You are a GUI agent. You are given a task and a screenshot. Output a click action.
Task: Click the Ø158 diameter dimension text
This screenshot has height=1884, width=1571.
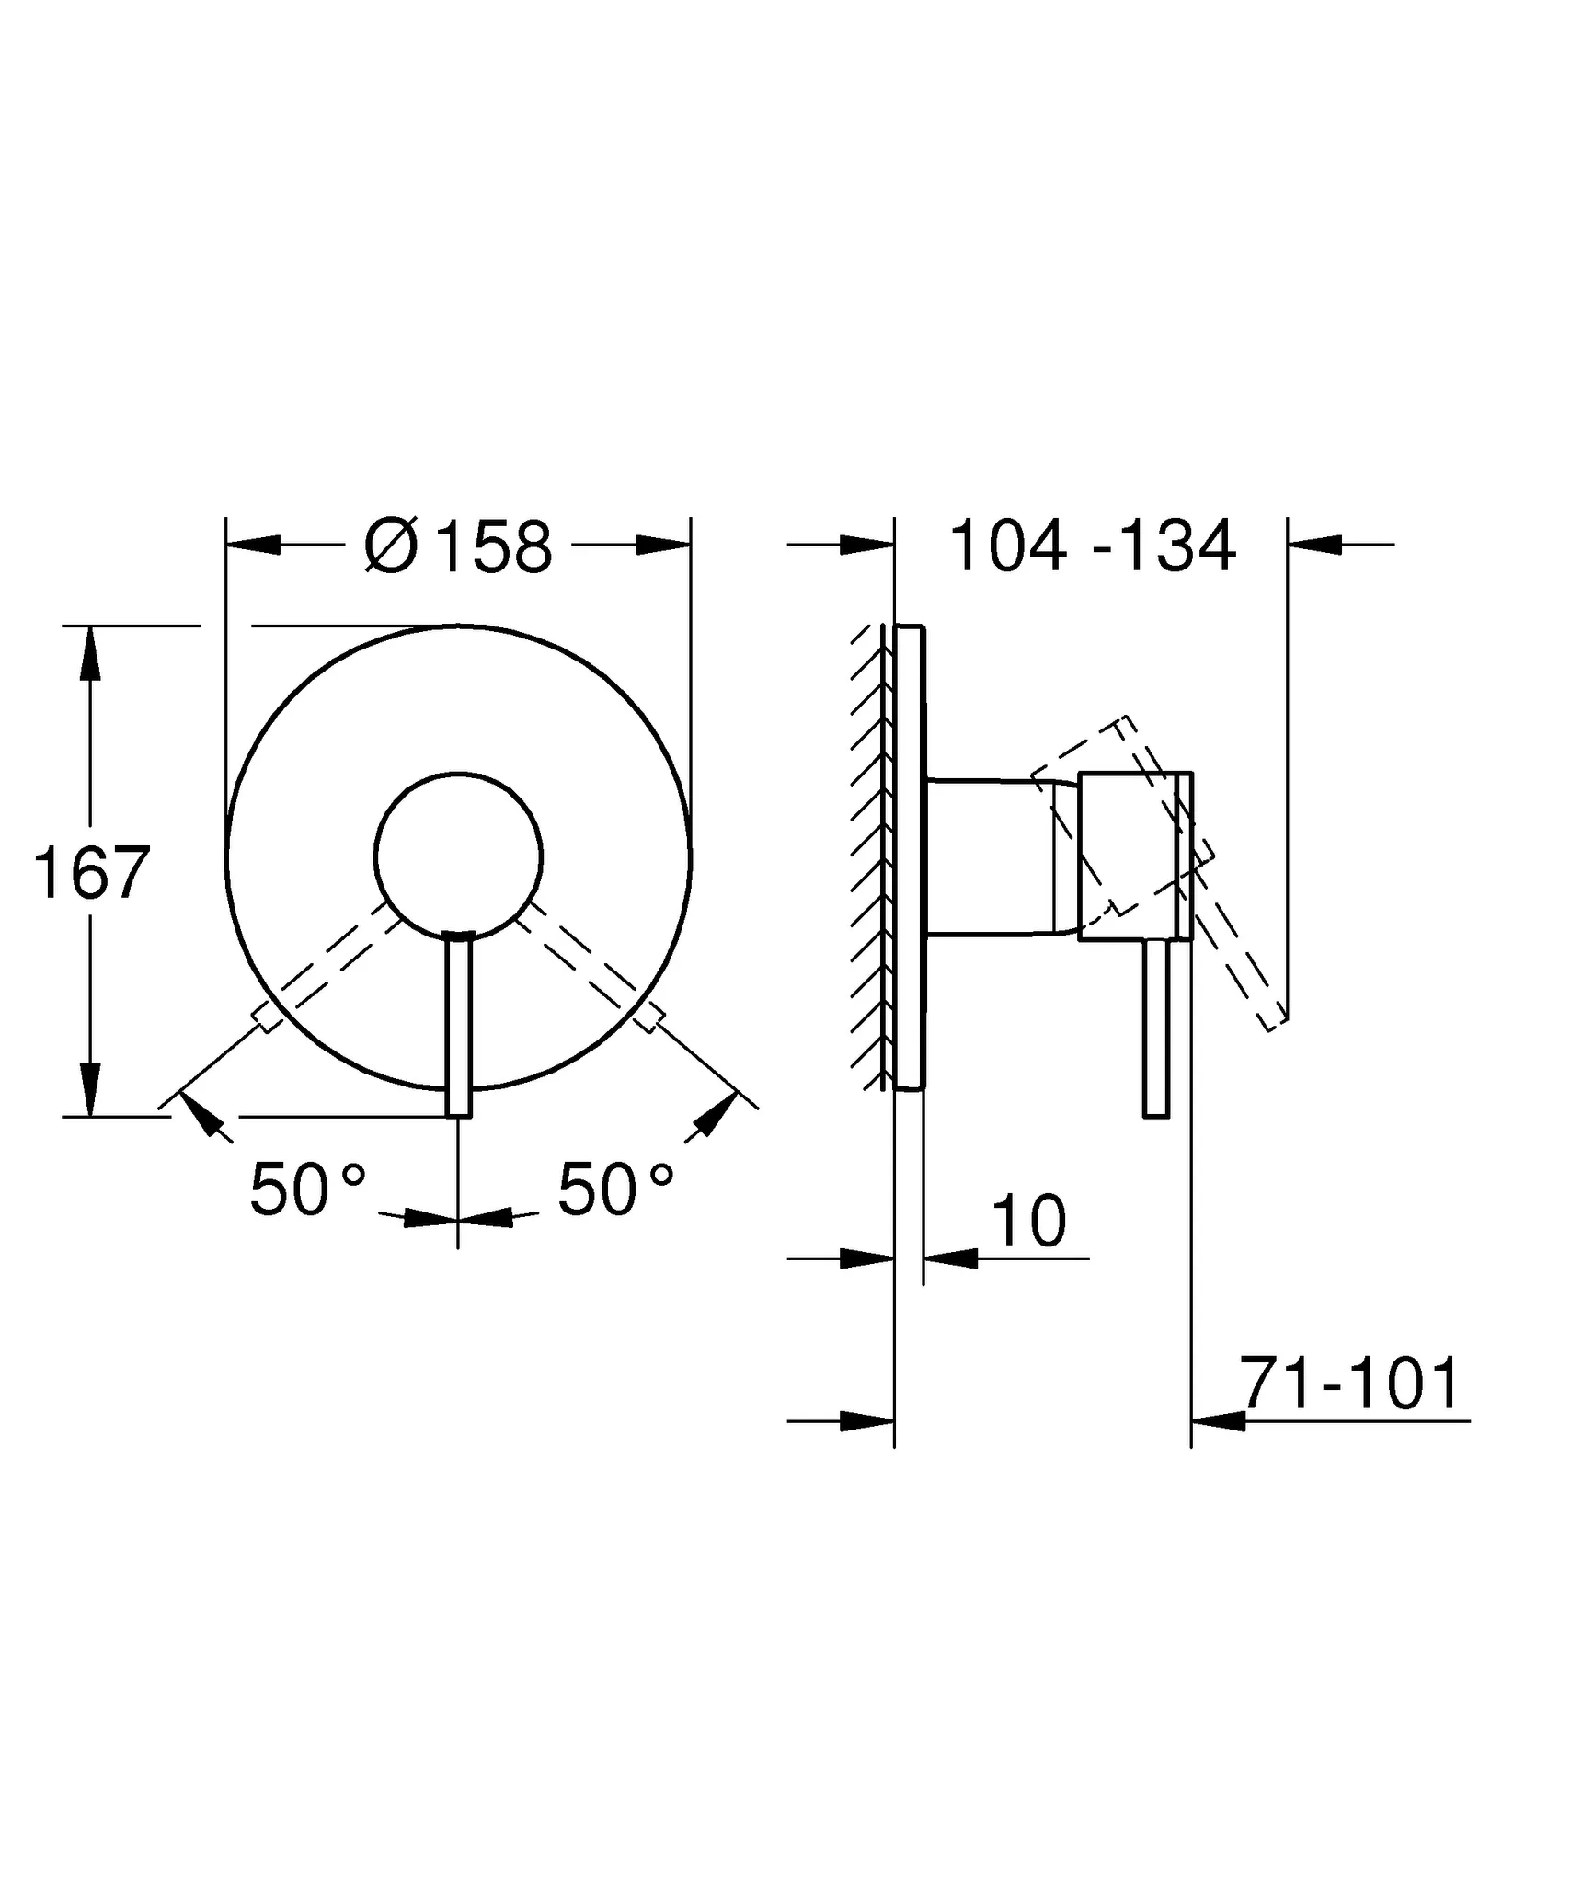[459, 546]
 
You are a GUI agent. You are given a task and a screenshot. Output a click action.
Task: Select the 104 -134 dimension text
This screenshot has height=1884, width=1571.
[1092, 546]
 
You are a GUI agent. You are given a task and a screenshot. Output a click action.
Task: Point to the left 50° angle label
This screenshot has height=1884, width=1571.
[307, 1189]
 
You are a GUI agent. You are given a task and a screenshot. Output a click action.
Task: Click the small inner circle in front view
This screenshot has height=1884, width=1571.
[458, 856]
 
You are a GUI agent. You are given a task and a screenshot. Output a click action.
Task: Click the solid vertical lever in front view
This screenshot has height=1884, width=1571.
[458, 1026]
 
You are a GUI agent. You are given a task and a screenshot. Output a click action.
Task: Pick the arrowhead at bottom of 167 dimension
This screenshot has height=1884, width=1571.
[89, 1089]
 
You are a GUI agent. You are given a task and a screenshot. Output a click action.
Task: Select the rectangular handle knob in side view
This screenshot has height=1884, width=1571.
[1135, 856]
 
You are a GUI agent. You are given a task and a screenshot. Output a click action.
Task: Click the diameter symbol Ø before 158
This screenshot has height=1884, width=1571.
[391, 546]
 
